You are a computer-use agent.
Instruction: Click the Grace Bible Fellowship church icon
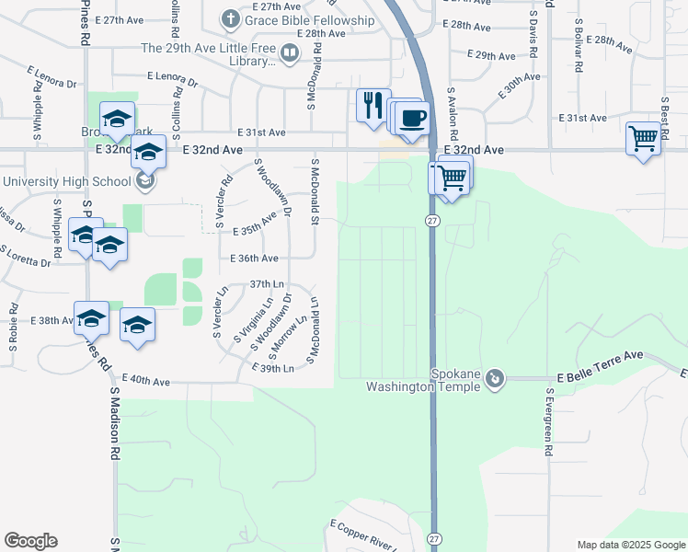(x=230, y=19)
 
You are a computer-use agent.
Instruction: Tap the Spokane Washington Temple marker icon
(x=496, y=378)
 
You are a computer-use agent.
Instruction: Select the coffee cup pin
(x=414, y=118)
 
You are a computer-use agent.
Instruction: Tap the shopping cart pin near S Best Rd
(x=644, y=139)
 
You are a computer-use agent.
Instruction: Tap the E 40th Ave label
(x=147, y=380)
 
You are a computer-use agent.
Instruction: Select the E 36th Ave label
(x=254, y=259)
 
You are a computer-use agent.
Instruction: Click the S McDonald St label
(x=315, y=191)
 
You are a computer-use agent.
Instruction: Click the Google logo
(x=30, y=541)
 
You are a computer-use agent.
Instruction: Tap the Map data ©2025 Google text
(x=631, y=545)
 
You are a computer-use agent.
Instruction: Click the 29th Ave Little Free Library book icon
(x=289, y=53)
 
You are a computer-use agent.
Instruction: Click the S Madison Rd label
(x=116, y=423)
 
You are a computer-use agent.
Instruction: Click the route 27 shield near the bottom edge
(x=434, y=538)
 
